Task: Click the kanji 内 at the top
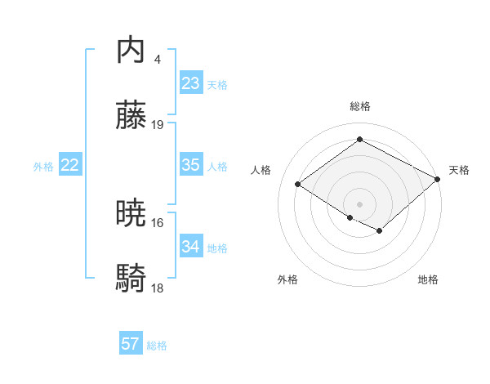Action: pos(131,51)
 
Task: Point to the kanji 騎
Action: pos(131,278)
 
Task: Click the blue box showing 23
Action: pos(191,83)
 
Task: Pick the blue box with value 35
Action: pos(191,165)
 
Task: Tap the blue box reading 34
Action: pos(191,246)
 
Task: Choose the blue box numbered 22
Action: pos(70,165)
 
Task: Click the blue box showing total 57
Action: pos(131,344)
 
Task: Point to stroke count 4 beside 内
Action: pos(157,60)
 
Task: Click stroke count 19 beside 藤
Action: pos(158,124)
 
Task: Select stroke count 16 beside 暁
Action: pos(158,222)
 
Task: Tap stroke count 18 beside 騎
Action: pos(158,288)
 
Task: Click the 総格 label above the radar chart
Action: pos(360,106)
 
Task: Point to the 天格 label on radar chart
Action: pos(460,170)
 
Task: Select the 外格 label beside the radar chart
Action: pos(287,279)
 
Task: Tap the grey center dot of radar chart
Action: pos(360,203)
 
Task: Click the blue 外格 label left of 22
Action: pos(43,167)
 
